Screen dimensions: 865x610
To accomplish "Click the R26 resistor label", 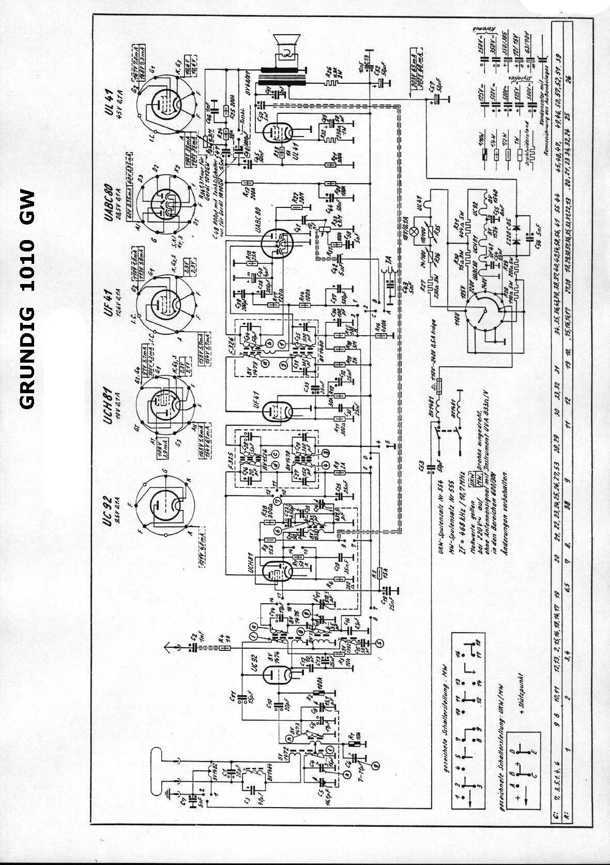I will click(x=327, y=71).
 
